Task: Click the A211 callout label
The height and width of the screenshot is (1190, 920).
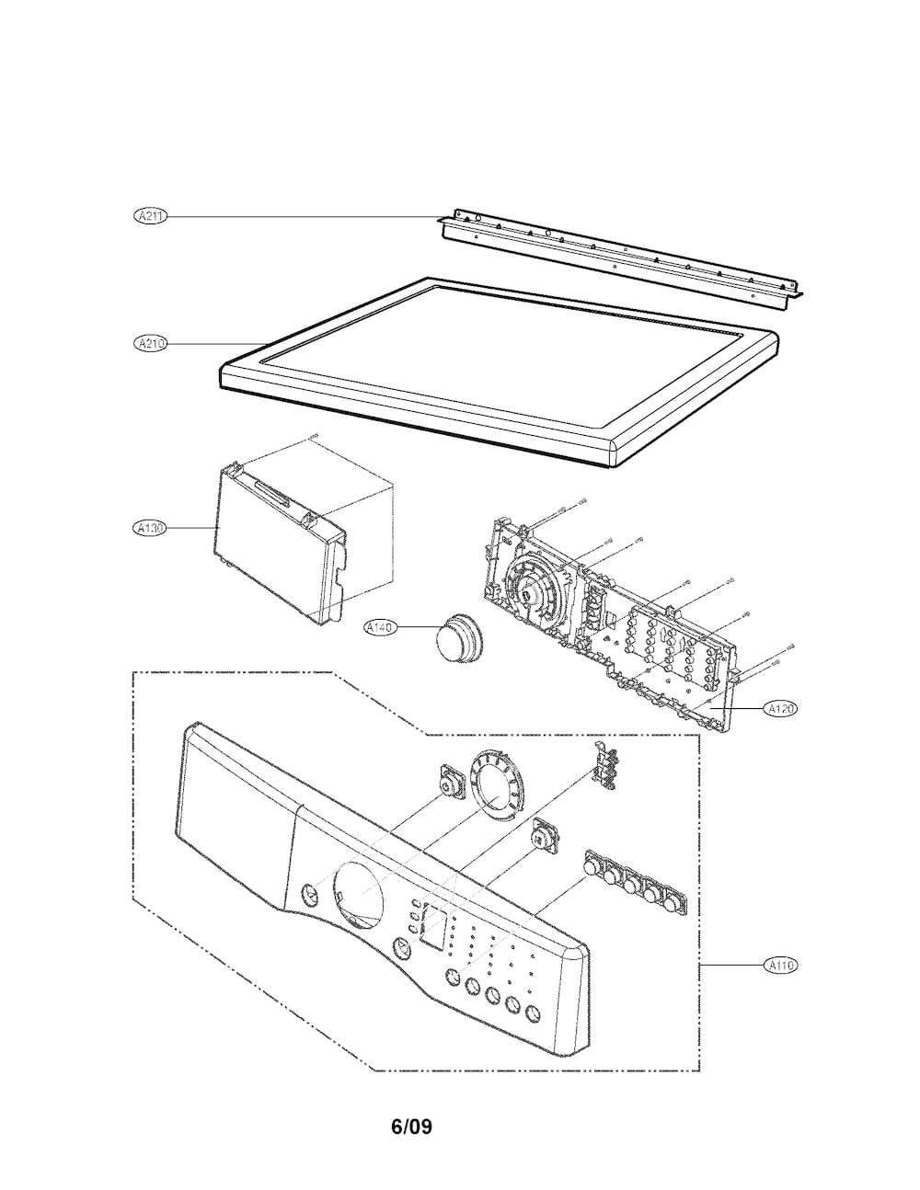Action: pos(149,216)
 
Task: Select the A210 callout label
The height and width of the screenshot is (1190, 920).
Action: pos(149,343)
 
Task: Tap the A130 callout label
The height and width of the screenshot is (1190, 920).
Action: pos(149,528)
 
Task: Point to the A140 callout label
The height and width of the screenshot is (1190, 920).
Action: pos(379,627)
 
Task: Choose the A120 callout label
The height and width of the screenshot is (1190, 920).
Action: pos(780,708)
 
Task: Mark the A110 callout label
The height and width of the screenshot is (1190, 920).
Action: pos(780,966)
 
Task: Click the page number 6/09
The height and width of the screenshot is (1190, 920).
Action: pos(411,1127)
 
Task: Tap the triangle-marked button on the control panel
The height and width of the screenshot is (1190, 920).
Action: pos(401,949)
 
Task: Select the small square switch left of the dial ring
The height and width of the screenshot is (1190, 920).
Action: pos(449,784)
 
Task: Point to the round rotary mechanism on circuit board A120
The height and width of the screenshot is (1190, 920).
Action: pos(532,588)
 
